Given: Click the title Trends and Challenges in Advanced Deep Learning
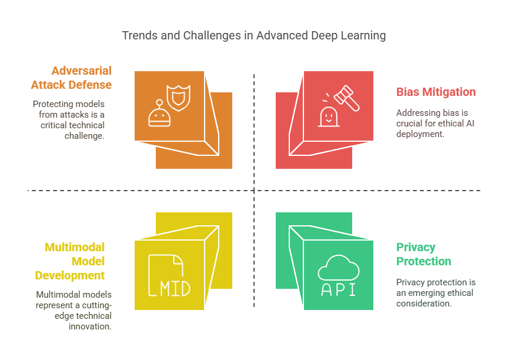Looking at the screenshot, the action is click(253, 36).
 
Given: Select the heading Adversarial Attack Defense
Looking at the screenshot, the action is click(71, 78).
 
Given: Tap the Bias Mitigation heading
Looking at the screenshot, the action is click(436, 92).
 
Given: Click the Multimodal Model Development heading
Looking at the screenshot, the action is click(70, 261).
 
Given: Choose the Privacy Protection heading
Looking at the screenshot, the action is click(423, 254).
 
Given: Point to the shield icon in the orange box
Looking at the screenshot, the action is click(179, 98).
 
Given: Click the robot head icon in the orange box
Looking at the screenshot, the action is click(159, 114).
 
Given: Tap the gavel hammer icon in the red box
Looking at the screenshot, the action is click(347, 98).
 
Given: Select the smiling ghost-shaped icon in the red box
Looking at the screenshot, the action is click(329, 116).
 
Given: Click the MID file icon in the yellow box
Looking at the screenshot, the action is click(169, 275).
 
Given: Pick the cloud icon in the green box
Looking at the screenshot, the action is click(339, 268).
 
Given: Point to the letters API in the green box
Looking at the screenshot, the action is click(339, 289).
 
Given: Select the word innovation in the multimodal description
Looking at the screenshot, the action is click(90, 326).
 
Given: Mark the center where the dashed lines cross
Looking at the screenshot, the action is click(254, 191).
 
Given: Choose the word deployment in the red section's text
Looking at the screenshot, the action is click(420, 134).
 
